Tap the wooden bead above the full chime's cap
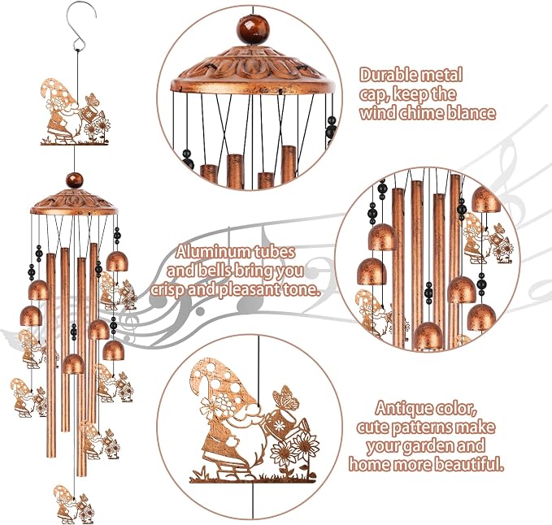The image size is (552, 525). point(75,180)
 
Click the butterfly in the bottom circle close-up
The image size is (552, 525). point(285,397)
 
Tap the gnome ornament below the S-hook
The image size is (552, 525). point(75,112)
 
